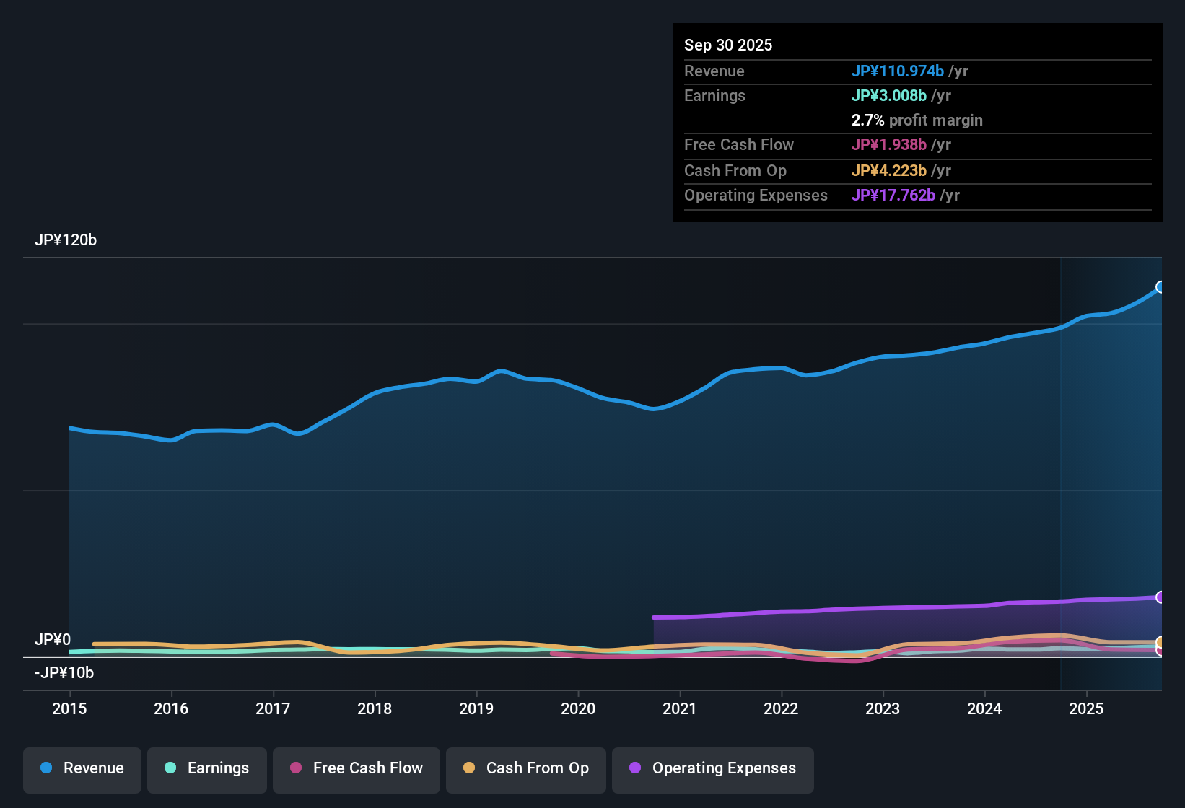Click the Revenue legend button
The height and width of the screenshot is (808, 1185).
tap(82, 768)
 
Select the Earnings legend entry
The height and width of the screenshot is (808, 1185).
tap(207, 768)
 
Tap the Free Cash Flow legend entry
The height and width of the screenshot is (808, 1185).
tap(357, 768)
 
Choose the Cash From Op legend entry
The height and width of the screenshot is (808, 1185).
tap(526, 768)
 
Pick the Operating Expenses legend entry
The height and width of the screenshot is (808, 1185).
tap(713, 768)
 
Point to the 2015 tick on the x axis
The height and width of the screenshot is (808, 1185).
tap(69, 708)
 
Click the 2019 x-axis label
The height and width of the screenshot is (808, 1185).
tap(476, 708)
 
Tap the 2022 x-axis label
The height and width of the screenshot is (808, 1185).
tap(781, 708)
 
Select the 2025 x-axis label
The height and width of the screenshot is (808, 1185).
tap(1086, 708)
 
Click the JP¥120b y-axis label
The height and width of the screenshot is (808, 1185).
tap(66, 240)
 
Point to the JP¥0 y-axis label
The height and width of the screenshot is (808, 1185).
tap(53, 640)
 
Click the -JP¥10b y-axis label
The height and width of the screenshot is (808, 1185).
tap(64, 673)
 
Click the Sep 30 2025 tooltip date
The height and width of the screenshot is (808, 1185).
tap(728, 45)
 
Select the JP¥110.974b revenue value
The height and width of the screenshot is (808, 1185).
tap(897, 71)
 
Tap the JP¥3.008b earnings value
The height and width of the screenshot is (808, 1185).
tap(888, 96)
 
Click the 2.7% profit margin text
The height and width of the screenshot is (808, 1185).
tap(917, 120)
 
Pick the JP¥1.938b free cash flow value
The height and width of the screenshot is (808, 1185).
tap(888, 145)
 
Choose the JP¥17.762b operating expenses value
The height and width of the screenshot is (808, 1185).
tap(893, 196)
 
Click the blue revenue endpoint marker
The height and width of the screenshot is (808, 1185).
tap(1160, 287)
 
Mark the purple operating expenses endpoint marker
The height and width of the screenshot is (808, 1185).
tap(1160, 597)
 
